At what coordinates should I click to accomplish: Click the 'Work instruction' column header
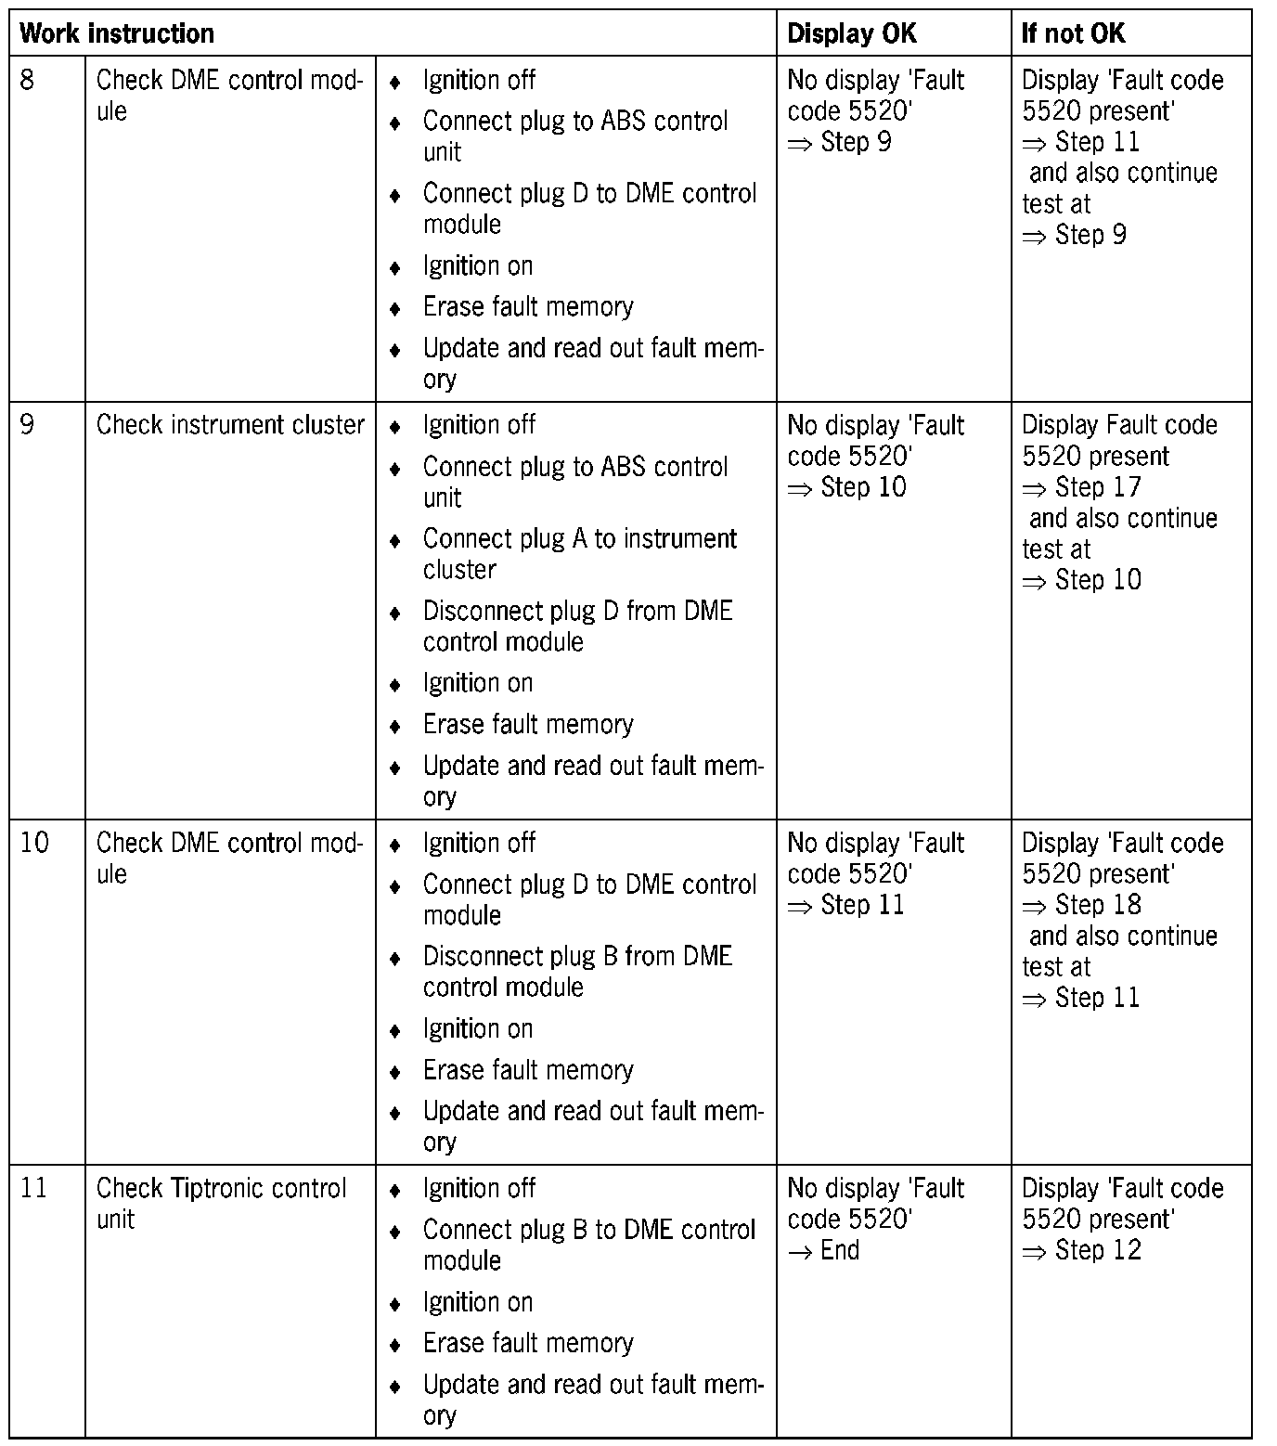[117, 34]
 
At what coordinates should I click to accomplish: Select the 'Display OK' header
[851, 34]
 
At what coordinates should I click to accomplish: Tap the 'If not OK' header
[1073, 34]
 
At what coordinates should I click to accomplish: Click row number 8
[28, 80]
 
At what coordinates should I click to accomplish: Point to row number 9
[28, 425]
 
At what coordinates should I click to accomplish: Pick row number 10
[34, 843]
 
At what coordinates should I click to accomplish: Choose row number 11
[33, 1188]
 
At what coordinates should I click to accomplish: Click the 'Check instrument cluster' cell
[230, 425]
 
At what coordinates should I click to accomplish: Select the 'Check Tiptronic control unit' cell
[221, 1203]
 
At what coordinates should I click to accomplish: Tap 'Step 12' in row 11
[1098, 1250]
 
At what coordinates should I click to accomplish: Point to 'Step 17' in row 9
[1098, 487]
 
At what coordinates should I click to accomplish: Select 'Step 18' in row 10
[1098, 905]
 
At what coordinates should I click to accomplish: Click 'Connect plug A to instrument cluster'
[579, 554]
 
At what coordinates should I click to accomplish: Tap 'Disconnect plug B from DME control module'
[577, 971]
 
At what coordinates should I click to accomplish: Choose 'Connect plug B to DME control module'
[589, 1245]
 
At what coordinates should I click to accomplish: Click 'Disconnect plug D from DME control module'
[577, 626]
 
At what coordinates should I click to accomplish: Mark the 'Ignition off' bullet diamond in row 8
[394, 83]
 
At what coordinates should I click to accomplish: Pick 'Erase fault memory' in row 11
[528, 1343]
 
